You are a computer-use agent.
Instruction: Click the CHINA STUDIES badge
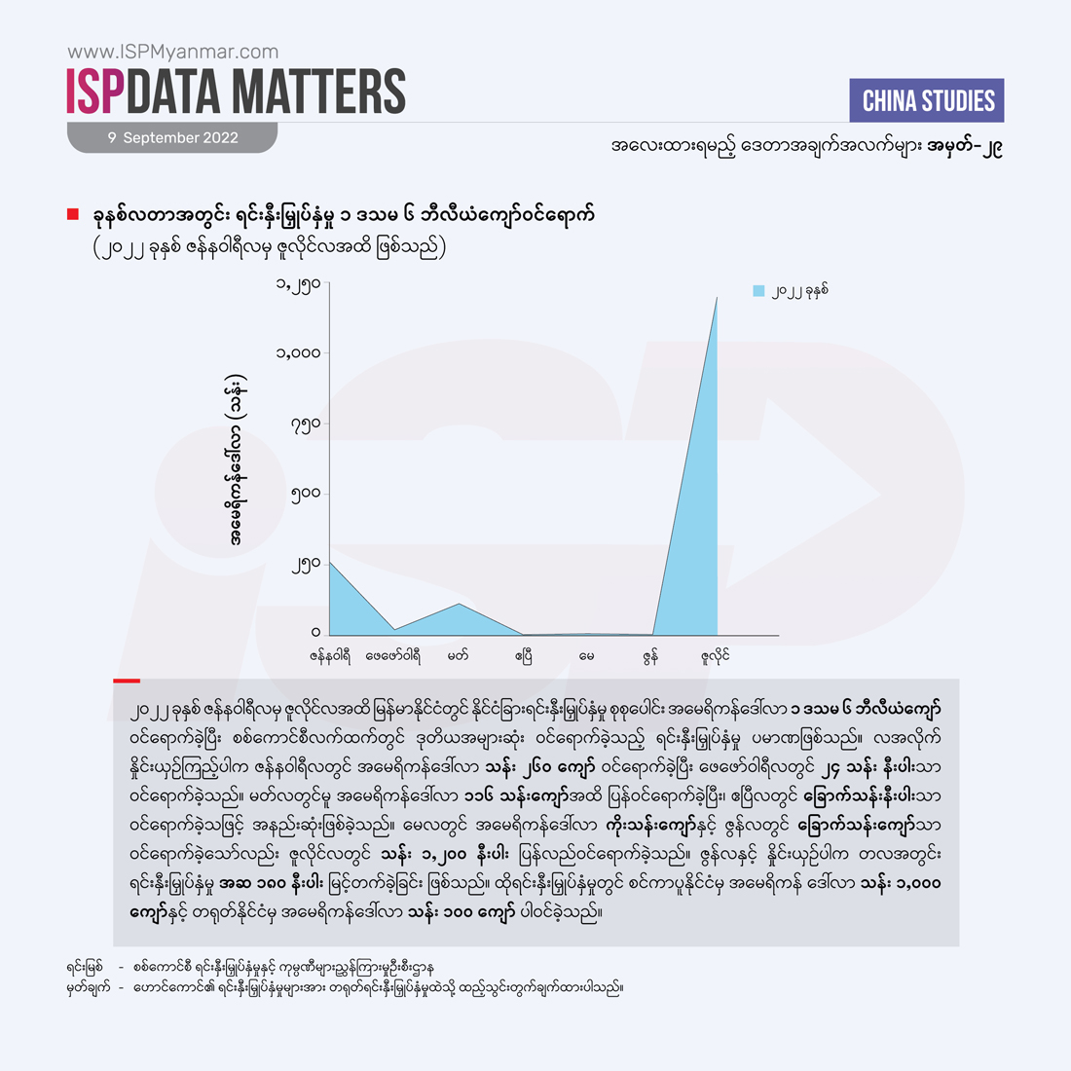click(x=928, y=101)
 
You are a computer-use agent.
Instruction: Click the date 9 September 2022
click(x=173, y=138)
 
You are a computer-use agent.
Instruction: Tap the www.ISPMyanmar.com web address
click(x=172, y=52)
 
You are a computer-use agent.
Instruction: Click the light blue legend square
click(x=759, y=290)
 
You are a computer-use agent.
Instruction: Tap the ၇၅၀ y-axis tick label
click(x=305, y=425)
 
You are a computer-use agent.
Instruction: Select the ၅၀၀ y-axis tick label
click(x=305, y=494)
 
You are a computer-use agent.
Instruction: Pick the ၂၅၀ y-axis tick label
click(x=305, y=565)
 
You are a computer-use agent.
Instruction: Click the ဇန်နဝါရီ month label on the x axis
click(x=329, y=656)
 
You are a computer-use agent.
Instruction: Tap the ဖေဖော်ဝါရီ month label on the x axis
click(x=393, y=656)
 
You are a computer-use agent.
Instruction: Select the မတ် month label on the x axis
click(x=458, y=656)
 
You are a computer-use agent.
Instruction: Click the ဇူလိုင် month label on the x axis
click(x=716, y=656)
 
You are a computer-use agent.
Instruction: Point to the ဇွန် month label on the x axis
click(x=650, y=656)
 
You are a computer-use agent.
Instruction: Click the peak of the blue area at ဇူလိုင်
click(x=717, y=298)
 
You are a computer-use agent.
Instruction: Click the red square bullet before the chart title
click(x=73, y=214)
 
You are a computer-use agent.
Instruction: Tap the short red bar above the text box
click(x=127, y=681)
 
